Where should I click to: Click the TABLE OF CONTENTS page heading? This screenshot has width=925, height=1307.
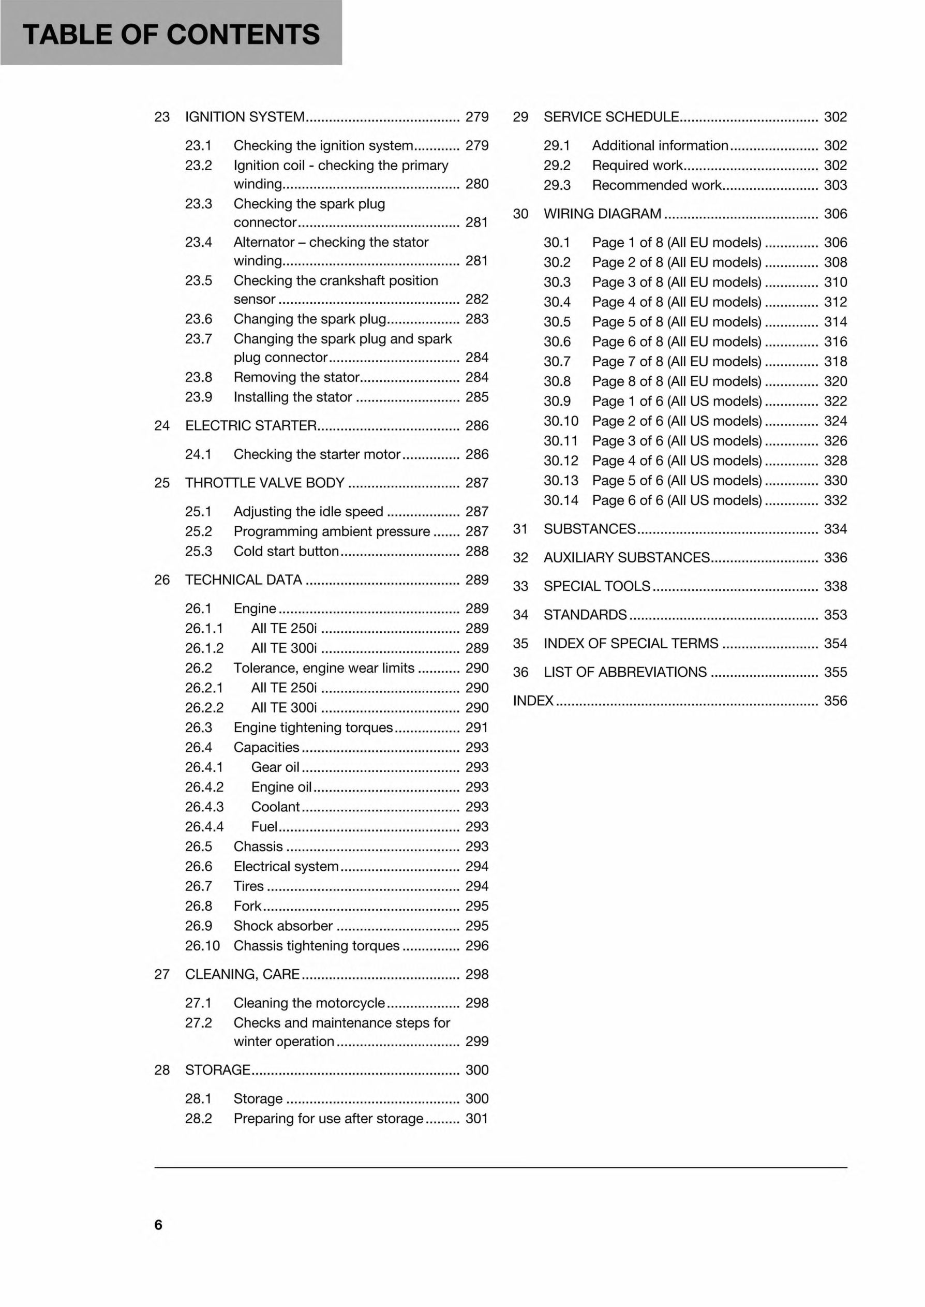point(171,34)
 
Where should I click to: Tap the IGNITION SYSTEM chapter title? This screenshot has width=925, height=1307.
point(245,117)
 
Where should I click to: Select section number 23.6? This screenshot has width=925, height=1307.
point(198,319)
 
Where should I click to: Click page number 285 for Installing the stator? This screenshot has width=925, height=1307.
point(477,397)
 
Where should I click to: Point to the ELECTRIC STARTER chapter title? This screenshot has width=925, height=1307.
point(250,425)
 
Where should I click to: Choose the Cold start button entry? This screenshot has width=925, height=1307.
point(286,551)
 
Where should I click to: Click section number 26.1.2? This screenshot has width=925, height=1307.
point(204,648)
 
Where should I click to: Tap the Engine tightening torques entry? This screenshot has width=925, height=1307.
point(312,727)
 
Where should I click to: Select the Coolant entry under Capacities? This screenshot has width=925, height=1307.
point(275,807)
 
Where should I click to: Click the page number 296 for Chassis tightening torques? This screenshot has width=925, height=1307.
point(477,946)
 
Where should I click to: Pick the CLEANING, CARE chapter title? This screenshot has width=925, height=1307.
point(242,974)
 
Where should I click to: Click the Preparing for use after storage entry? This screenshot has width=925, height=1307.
point(328,1119)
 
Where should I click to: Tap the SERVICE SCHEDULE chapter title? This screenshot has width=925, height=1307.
point(611,117)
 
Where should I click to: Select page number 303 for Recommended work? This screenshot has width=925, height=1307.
point(835,185)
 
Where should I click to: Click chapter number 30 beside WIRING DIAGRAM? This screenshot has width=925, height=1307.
point(520,214)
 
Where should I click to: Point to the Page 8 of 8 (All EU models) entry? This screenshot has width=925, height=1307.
point(677,381)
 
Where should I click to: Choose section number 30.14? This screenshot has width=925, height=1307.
point(560,500)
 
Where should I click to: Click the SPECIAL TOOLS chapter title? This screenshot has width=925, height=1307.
point(596,586)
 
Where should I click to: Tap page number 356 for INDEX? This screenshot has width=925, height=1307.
point(835,701)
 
